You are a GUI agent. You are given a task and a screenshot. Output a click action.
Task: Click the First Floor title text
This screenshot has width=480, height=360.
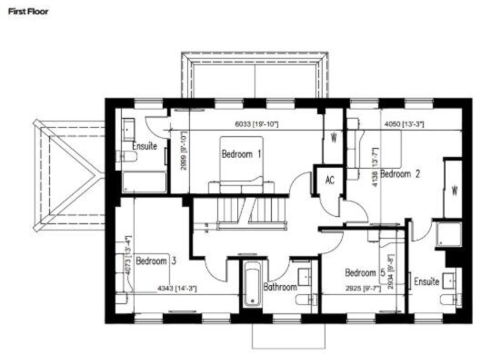click(27, 11)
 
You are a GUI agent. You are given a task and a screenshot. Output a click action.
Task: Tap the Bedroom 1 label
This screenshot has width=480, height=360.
click(241, 154)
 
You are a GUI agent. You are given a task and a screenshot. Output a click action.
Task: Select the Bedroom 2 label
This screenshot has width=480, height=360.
click(400, 174)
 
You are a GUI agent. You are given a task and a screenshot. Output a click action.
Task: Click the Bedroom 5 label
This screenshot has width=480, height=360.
click(365, 272)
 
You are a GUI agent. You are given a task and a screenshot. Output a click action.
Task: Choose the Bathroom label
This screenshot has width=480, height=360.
click(279, 287)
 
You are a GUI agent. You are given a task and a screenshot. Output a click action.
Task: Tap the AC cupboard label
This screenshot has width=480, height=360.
click(330, 180)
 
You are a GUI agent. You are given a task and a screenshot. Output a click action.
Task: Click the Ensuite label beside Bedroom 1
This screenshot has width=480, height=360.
click(144, 146)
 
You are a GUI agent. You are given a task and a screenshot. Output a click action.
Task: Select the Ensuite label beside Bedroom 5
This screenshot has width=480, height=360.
click(426, 282)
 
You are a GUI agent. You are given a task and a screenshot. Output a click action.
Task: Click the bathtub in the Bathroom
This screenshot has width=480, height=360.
click(252, 285)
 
